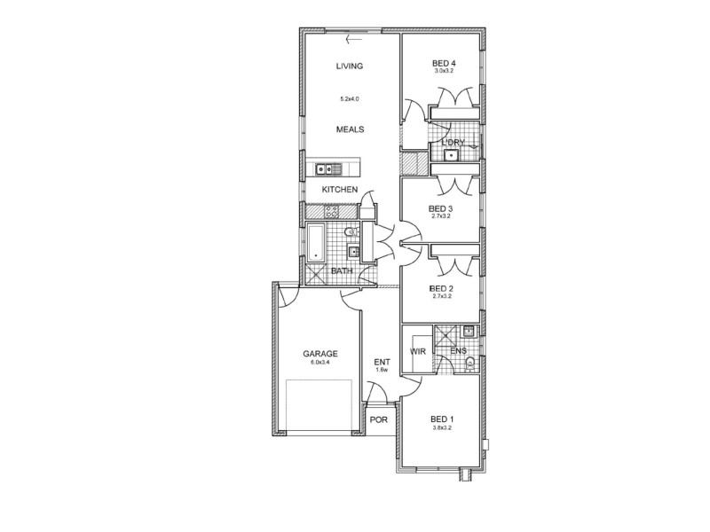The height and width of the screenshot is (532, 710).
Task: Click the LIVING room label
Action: coord(350,66)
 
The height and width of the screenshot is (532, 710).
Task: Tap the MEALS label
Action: coord(350,129)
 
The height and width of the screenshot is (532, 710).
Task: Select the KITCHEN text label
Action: coord(339,191)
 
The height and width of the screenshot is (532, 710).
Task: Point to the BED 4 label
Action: coord(444,63)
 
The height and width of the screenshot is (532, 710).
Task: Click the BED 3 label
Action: coord(441,209)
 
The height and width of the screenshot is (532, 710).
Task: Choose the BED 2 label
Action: coord(441,289)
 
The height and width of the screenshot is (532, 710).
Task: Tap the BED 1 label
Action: coord(442,419)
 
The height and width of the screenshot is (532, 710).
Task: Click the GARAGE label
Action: coord(319,354)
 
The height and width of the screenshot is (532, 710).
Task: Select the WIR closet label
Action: coord(417,352)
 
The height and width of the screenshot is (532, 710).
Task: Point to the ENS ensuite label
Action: coord(458,352)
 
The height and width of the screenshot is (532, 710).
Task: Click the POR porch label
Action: coord(378,419)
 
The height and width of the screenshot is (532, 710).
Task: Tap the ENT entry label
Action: coord(382,362)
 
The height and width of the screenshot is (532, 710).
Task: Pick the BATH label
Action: coord(342,271)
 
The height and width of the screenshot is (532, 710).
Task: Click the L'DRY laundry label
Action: coord(453,142)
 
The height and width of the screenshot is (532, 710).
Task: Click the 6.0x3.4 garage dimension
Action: coord(319,363)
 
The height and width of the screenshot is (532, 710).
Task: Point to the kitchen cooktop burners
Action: coord(331,212)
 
